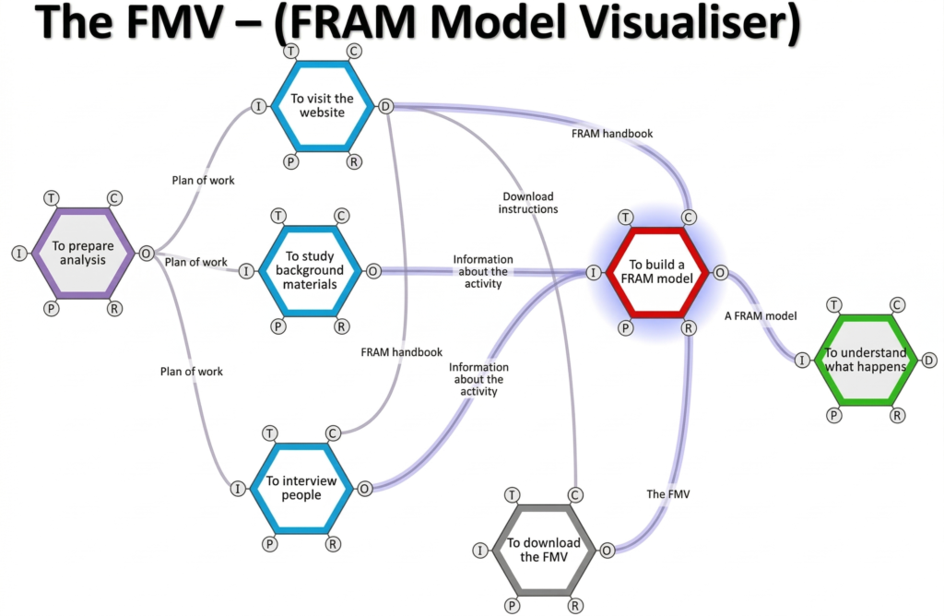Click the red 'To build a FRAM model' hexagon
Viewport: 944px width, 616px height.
click(x=657, y=272)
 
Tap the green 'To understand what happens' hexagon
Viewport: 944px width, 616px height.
click(x=865, y=360)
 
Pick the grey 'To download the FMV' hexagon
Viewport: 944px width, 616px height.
click(x=543, y=550)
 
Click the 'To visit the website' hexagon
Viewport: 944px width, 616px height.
click(x=322, y=106)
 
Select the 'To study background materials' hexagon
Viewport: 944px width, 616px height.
click(x=309, y=270)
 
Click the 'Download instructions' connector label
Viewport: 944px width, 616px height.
click(x=528, y=203)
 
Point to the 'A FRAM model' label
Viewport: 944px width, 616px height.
click(x=761, y=315)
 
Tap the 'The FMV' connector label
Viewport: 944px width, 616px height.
click(x=668, y=494)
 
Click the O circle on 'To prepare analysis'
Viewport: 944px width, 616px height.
click(x=146, y=253)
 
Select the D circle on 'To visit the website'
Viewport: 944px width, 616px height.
click(x=385, y=106)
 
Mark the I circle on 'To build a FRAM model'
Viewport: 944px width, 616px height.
click(x=593, y=272)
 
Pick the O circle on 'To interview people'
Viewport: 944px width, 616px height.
click(x=364, y=488)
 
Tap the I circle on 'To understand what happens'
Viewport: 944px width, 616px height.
click(x=802, y=360)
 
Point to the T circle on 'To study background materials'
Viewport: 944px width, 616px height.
click(x=277, y=216)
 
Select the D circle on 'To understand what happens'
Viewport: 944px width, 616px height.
click(x=929, y=360)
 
